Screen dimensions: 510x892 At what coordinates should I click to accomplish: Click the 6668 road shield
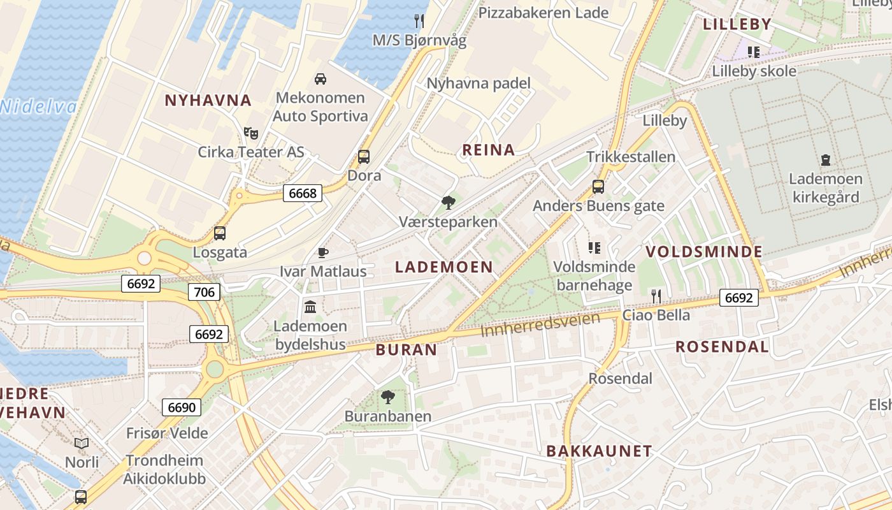[303, 193]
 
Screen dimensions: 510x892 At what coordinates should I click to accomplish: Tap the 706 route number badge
[204, 292]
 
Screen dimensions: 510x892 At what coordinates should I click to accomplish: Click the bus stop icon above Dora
[364, 156]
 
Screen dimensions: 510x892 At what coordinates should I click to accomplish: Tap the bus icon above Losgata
[220, 233]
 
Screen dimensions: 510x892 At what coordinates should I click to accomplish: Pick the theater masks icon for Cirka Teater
[251, 133]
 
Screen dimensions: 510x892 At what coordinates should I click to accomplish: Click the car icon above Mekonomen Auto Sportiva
[320, 79]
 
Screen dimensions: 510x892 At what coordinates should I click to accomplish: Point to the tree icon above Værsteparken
[448, 203]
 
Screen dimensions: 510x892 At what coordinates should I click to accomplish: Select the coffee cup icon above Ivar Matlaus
[323, 252]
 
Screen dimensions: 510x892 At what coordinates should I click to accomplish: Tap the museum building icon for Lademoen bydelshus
[310, 307]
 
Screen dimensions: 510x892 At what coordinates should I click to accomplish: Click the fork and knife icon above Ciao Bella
[656, 296]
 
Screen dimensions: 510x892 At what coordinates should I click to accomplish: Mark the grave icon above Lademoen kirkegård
[826, 159]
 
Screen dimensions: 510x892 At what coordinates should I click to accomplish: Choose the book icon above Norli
[82, 443]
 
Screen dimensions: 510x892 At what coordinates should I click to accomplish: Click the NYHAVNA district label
[208, 100]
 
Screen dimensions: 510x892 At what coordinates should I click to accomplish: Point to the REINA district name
[488, 150]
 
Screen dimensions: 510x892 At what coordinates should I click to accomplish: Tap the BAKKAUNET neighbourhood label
[599, 451]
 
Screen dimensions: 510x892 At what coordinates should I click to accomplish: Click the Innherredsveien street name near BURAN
[540, 325]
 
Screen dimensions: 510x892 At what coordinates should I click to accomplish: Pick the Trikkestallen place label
[631, 157]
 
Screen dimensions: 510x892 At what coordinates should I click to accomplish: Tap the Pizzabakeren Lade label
[543, 13]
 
